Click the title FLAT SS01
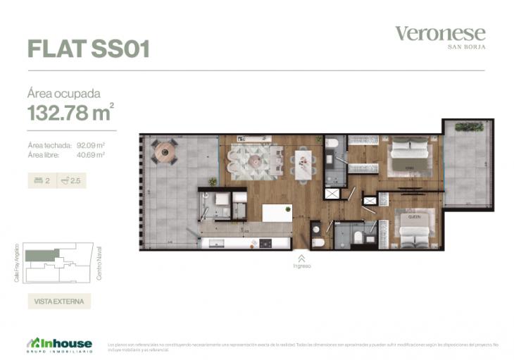tap(88, 48)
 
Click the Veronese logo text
tap(439, 33)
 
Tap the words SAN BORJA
tap(468, 47)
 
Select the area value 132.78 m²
tap(70, 112)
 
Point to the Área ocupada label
tap(63, 93)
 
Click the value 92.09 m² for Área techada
tap(91, 144)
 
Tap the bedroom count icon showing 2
tap(42, 180)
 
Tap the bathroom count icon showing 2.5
tap(72, 180)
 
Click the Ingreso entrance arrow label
tap(301, 262)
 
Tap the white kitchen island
tap(277, 213)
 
